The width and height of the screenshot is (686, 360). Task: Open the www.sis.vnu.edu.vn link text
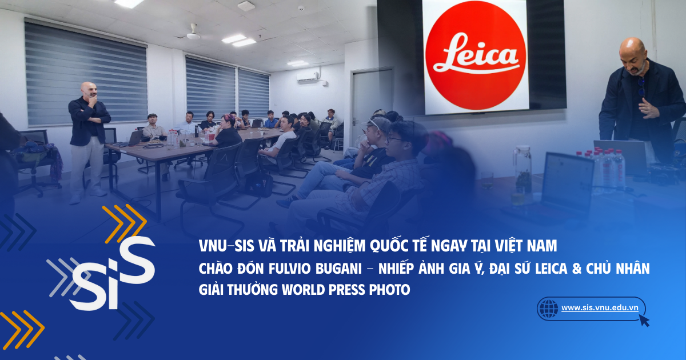tap(600, 307)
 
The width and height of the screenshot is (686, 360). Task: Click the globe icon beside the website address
tap(548, 309)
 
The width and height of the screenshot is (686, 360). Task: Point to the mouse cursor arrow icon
tap(644, 320)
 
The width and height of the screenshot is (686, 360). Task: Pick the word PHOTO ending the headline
tap(391, 290)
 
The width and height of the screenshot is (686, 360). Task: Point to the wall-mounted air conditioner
tap(308, 76)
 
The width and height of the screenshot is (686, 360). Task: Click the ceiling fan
tap(193, 34)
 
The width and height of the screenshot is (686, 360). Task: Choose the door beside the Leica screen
tap(371, 103)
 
